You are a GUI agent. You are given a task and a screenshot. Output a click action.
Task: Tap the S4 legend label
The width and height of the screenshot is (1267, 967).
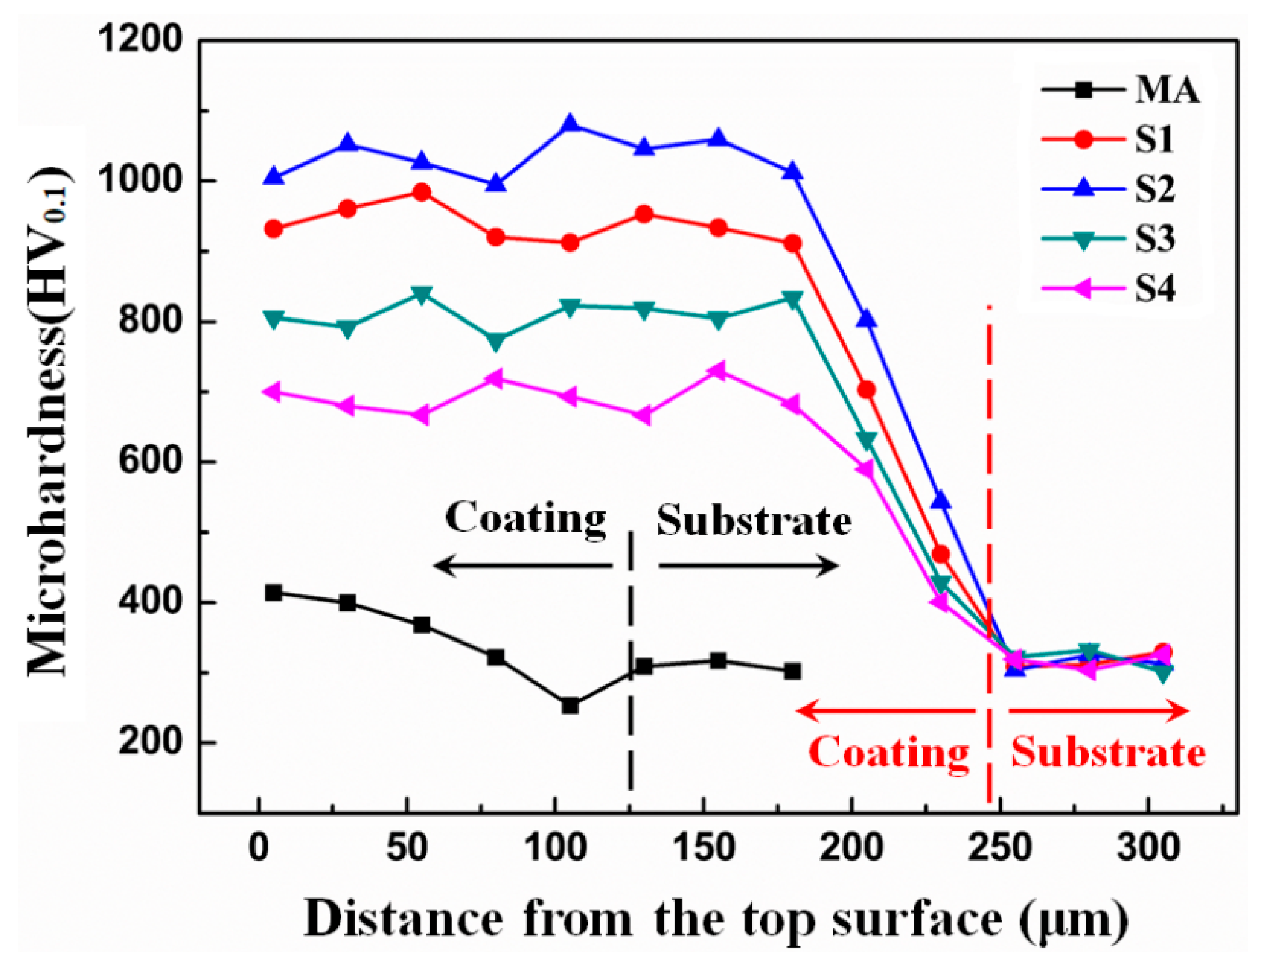[x=1154, y=288]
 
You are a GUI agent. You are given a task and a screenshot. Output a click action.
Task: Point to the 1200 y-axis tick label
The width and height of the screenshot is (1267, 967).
[x=140, y=40]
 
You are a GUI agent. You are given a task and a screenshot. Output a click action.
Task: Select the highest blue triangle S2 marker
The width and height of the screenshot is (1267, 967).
[x=570, y=123]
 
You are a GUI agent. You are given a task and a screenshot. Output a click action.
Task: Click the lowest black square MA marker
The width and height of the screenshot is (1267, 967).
[x=570, y=706]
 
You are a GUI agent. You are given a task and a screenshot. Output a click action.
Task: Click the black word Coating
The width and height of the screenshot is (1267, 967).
[x=526, y=519]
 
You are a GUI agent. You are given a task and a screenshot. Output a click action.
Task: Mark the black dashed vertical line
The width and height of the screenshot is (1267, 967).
[x=630, y=662]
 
